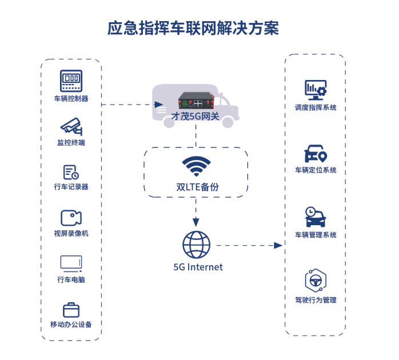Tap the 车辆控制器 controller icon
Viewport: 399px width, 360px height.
(71, 79)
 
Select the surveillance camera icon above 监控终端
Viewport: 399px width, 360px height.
(71, 126)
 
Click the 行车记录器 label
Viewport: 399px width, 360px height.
(71, 187)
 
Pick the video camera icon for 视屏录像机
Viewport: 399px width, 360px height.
(71, 218)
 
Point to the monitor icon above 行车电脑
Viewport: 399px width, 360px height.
(71, 263)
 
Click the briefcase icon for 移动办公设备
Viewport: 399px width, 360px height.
(71, 310)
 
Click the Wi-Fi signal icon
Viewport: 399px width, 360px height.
(195, 167)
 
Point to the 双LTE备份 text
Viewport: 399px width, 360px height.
(195, 187)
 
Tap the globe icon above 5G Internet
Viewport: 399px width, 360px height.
(196, 244)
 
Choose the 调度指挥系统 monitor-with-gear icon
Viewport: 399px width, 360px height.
(315, 90)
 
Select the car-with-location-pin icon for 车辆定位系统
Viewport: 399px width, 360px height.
(315, 154)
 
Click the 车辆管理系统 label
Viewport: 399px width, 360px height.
(316, 235)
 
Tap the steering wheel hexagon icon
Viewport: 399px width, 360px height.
(315, 281)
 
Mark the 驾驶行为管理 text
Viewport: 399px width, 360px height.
(316, 300)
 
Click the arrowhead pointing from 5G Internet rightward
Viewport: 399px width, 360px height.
(279, 245)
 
